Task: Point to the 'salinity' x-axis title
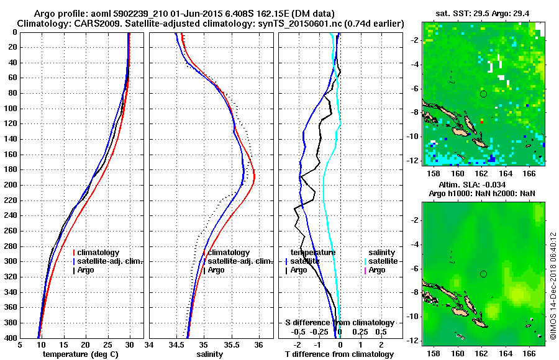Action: click(x=211, y=354)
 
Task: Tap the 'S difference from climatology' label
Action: click(x=340, y=323)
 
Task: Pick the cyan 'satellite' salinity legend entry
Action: click(x=382, y=261)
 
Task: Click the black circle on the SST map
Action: click(x=483, y=94)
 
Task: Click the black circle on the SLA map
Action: click(x=483, y=274)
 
